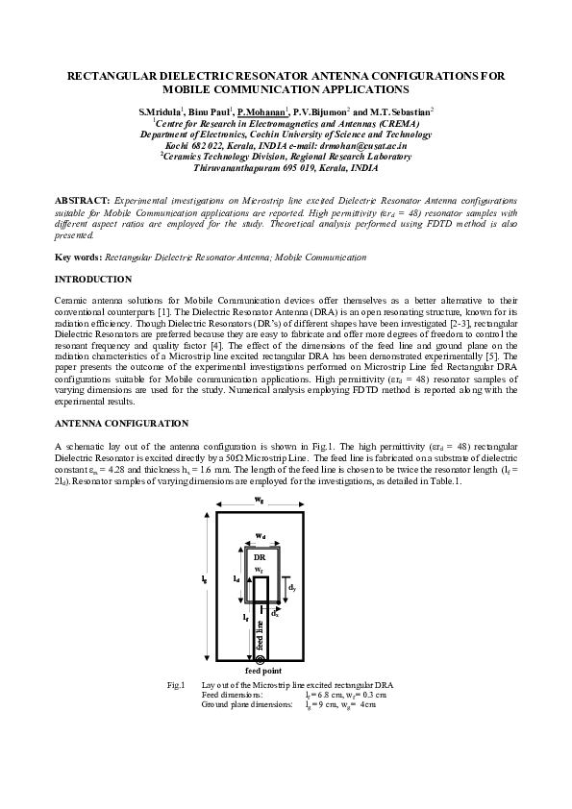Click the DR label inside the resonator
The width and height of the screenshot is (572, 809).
260,557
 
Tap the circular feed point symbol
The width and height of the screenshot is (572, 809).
260,659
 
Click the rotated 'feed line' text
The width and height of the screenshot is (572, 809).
260,635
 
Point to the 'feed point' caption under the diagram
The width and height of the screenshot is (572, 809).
263,671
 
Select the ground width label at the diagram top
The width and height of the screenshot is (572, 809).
260,499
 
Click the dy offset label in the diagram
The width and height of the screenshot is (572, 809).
291,587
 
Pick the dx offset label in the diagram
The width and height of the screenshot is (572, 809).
275,614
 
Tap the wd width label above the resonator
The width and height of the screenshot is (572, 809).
261,536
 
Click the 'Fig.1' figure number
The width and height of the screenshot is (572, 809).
176,685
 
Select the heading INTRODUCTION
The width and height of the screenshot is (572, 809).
93,280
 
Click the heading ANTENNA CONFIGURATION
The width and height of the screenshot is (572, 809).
122,424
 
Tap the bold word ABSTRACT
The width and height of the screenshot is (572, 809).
82,201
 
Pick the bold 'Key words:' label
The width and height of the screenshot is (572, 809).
79,257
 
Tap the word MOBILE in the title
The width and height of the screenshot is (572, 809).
185,89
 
